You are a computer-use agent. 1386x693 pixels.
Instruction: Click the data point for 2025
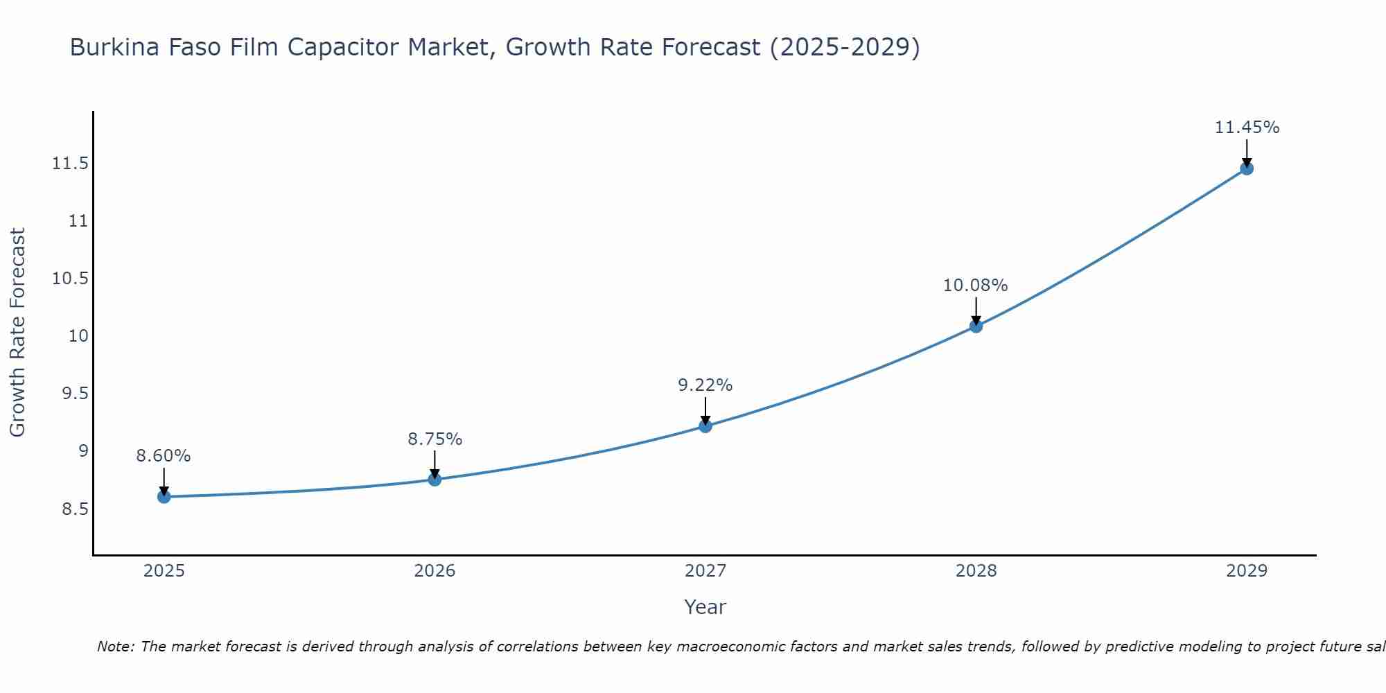coord(164,497)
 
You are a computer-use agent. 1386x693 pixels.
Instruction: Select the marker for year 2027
coord(705,426)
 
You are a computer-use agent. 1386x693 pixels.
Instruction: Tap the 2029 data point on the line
coord(1247,168)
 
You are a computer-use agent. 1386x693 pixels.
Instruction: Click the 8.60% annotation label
coord(164,456)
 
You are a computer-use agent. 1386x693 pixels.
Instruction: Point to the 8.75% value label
coord(435,439)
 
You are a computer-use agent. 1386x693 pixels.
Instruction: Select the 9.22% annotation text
coord(705,385)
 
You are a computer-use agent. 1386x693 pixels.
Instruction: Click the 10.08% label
coord(976,286)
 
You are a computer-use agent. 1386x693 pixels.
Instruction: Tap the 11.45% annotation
coord(1247,128)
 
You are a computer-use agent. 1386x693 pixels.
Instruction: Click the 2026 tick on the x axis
coord(435,571)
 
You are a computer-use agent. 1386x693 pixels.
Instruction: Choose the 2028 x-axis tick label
coord(976,571)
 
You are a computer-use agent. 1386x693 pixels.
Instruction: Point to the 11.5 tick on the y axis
coord(70,164)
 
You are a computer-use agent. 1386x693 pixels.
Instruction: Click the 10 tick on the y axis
coord(78,336)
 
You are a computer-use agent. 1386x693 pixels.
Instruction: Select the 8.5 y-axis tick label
coord(75,509)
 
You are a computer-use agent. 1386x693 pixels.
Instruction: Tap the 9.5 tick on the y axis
coord(75,394)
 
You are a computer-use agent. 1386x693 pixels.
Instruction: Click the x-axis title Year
coord(705,607)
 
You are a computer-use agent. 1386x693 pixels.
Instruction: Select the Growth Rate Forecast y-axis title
coord(17,333)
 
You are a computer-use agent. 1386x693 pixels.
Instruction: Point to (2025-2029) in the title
coord(845,48)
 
